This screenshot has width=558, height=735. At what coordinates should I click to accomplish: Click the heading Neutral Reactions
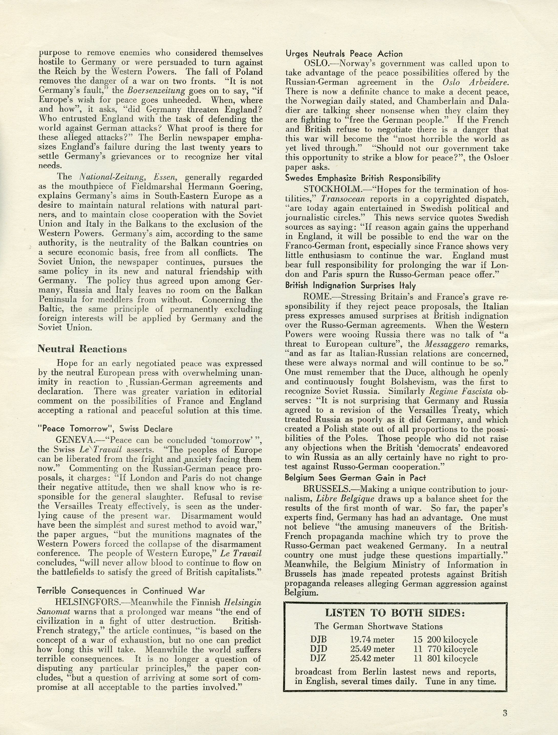click(82, 349)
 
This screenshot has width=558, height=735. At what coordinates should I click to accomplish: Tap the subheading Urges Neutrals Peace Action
click(344, 54)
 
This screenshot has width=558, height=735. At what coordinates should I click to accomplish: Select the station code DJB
click(318, 640)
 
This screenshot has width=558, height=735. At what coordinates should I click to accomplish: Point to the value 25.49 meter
click(372, 649)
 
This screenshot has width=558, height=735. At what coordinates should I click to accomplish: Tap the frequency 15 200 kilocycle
click(445, 640)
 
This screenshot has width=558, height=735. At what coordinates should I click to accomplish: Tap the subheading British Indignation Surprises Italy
click(350, 286)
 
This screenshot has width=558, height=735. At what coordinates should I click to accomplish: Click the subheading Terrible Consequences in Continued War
click(121, 591)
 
